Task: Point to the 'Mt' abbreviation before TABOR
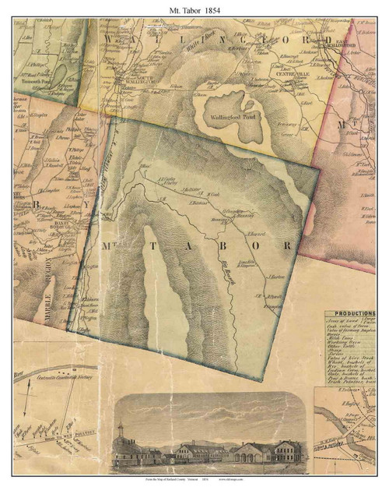107,245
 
